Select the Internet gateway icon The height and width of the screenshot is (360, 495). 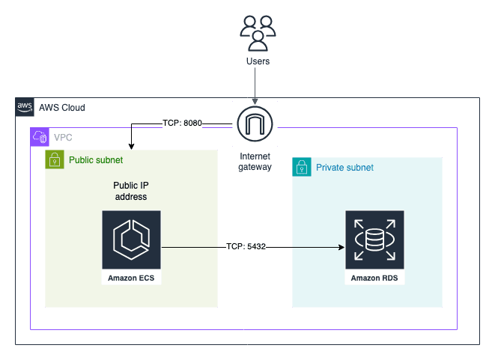(255, 123)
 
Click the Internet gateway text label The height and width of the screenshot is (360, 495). (255, 162)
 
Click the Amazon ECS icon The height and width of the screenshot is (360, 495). (131, 240)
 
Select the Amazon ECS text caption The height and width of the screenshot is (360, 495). (131, 279)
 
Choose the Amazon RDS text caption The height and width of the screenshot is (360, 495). (374, 279)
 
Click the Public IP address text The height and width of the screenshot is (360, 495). (130, 191)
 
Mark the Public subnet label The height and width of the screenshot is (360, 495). (96, 159)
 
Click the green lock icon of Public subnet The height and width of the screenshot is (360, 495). (54, 159)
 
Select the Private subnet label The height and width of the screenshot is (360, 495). (344, 167)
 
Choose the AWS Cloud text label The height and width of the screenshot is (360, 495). (61, 108)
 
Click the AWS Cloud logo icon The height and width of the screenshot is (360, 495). (25, 107)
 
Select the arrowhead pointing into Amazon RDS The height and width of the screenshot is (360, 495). (341, 246)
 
